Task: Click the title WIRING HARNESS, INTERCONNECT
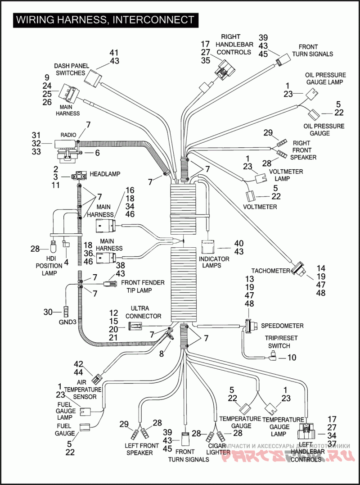tap(105, 20)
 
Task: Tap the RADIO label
tap(68, 134)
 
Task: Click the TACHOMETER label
tap(270, 271)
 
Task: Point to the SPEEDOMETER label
tap(282, 326)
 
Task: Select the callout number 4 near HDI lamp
tap(66, 262)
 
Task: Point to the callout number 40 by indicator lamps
tap(238, 243)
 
